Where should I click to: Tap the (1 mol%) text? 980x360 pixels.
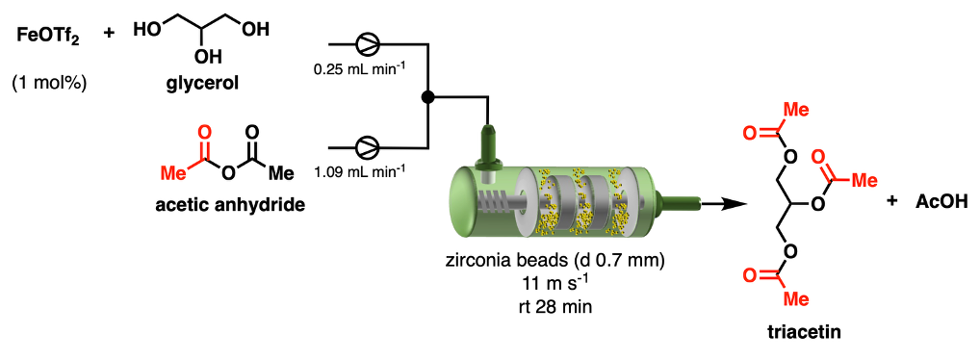[x=49, y=83]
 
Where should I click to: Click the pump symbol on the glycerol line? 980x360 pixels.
[x=365, y=43]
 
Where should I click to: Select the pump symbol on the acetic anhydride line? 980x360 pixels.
[x=365, y=147]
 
